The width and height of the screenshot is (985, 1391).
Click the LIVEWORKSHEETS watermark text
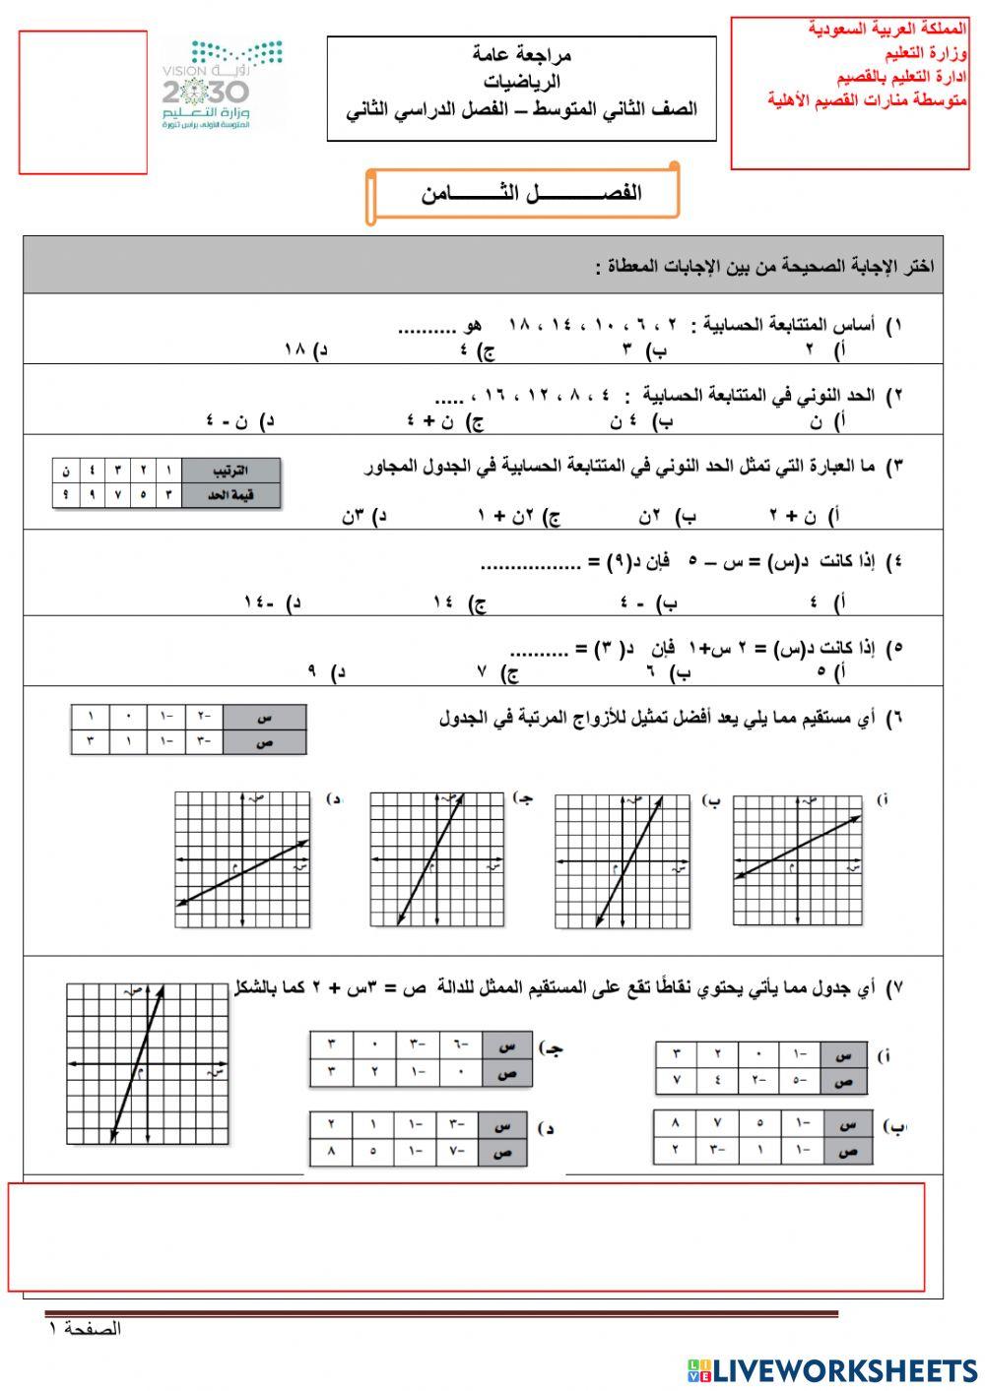833,1369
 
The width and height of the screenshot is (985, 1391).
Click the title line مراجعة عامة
522,55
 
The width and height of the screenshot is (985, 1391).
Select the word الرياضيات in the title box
522,82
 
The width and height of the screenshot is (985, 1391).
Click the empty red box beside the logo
83,102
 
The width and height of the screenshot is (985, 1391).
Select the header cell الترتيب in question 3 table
230,470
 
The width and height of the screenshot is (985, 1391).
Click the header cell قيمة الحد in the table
230,494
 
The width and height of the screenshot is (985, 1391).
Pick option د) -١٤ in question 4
271,601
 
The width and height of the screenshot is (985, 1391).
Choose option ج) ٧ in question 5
497,672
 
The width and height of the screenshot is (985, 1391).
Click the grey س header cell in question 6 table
264,718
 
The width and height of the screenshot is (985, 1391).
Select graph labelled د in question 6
243,860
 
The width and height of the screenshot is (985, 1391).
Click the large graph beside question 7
148,1063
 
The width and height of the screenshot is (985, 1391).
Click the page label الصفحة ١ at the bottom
85,1329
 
